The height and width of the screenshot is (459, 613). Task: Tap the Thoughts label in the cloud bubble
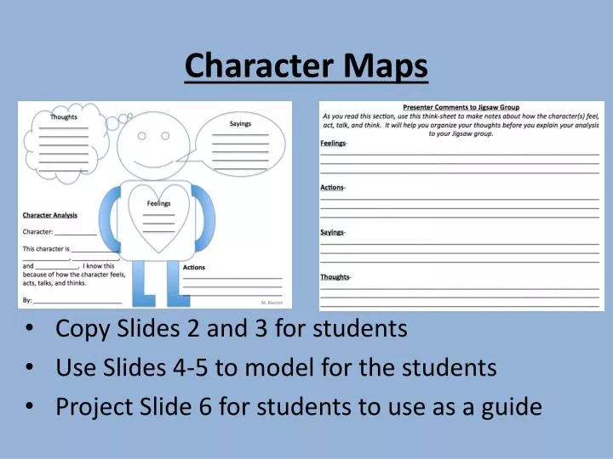64,117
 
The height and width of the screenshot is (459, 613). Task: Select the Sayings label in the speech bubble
240,124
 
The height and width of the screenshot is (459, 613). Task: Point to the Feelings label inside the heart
159,203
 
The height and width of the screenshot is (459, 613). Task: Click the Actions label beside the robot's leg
194,268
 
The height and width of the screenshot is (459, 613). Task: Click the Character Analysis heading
50,215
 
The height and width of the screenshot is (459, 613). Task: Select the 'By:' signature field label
27,300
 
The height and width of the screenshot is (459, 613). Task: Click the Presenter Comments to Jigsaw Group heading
461,107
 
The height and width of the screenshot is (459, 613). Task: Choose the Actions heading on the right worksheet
332,187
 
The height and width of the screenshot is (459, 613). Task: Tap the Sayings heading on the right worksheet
332,232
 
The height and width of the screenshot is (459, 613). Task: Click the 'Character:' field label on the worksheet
37,231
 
